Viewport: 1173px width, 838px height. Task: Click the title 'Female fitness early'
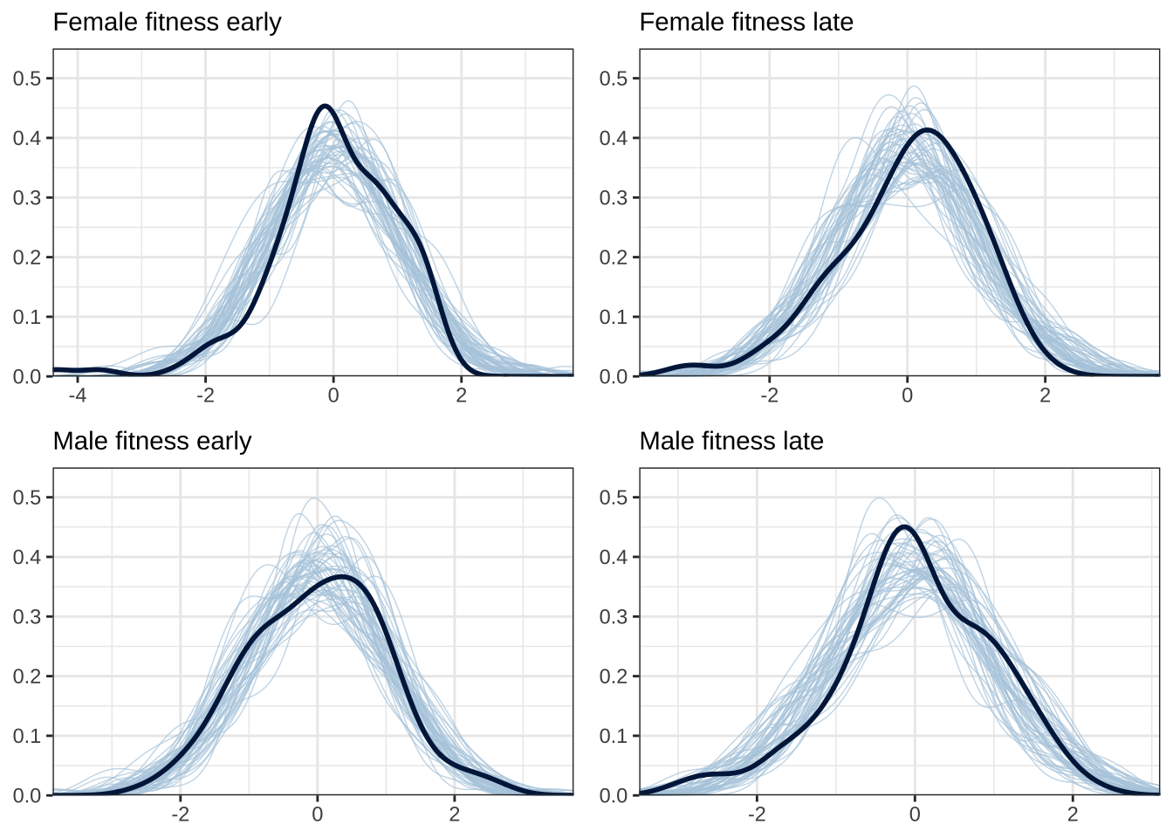click(x=167, y=22)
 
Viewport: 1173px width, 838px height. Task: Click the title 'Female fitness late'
click(x=746, y=22)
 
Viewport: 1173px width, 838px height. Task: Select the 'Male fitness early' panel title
click(x=152, y=441)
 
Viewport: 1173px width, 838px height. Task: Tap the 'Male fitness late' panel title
click(x=731, y=441)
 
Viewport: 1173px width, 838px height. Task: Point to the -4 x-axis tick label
click(x=77, y=395)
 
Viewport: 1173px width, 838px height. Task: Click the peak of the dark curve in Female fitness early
click(x=326, y=106)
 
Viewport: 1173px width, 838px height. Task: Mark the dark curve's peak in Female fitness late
click(x=926, y=130)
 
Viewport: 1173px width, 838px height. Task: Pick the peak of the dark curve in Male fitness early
click(x=341, y=576)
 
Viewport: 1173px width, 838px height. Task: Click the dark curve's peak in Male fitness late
click(x=903, y=526)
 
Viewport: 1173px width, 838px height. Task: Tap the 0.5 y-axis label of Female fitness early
click(x=27, y=79)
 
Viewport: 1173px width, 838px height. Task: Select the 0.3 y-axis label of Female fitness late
click(x=614, y=198)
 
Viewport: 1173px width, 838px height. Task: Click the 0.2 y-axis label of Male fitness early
click(x=27, y=677)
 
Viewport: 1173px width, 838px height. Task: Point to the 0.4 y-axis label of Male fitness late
click(x=614, y=557)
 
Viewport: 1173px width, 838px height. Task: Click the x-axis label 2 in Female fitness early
click(x=462, y=395)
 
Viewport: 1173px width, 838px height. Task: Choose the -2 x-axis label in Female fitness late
click(x=769, y=395)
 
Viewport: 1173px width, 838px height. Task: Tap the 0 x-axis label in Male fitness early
click(x=318, y=814)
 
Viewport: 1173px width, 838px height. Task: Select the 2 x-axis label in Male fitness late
click(x=1073, y=814)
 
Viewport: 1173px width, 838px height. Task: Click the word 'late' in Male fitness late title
click(x=805, y=441)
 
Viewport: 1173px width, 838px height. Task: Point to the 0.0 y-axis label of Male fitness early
click(x=27, y=795)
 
